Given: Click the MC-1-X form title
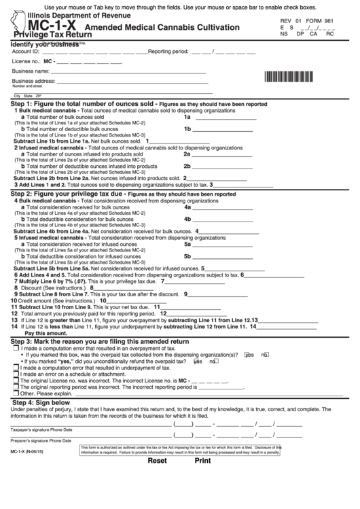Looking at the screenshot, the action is click(x=43, y=28).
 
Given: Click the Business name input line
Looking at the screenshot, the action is click(x=129, y=71).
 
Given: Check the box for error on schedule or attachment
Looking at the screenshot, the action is click(x=16, y=374).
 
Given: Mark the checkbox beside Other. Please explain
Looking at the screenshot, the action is click(x=16, y=393).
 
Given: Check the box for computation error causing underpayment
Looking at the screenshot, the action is click(x=16, y=368).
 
